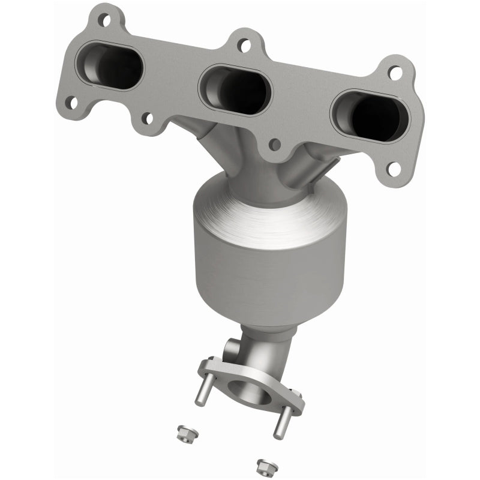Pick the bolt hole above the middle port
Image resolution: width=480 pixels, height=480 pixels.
243,44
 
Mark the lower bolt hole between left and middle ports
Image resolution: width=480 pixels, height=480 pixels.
146,118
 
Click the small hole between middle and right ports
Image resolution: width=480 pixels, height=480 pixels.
274,144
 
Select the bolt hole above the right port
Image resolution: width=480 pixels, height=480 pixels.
394,73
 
